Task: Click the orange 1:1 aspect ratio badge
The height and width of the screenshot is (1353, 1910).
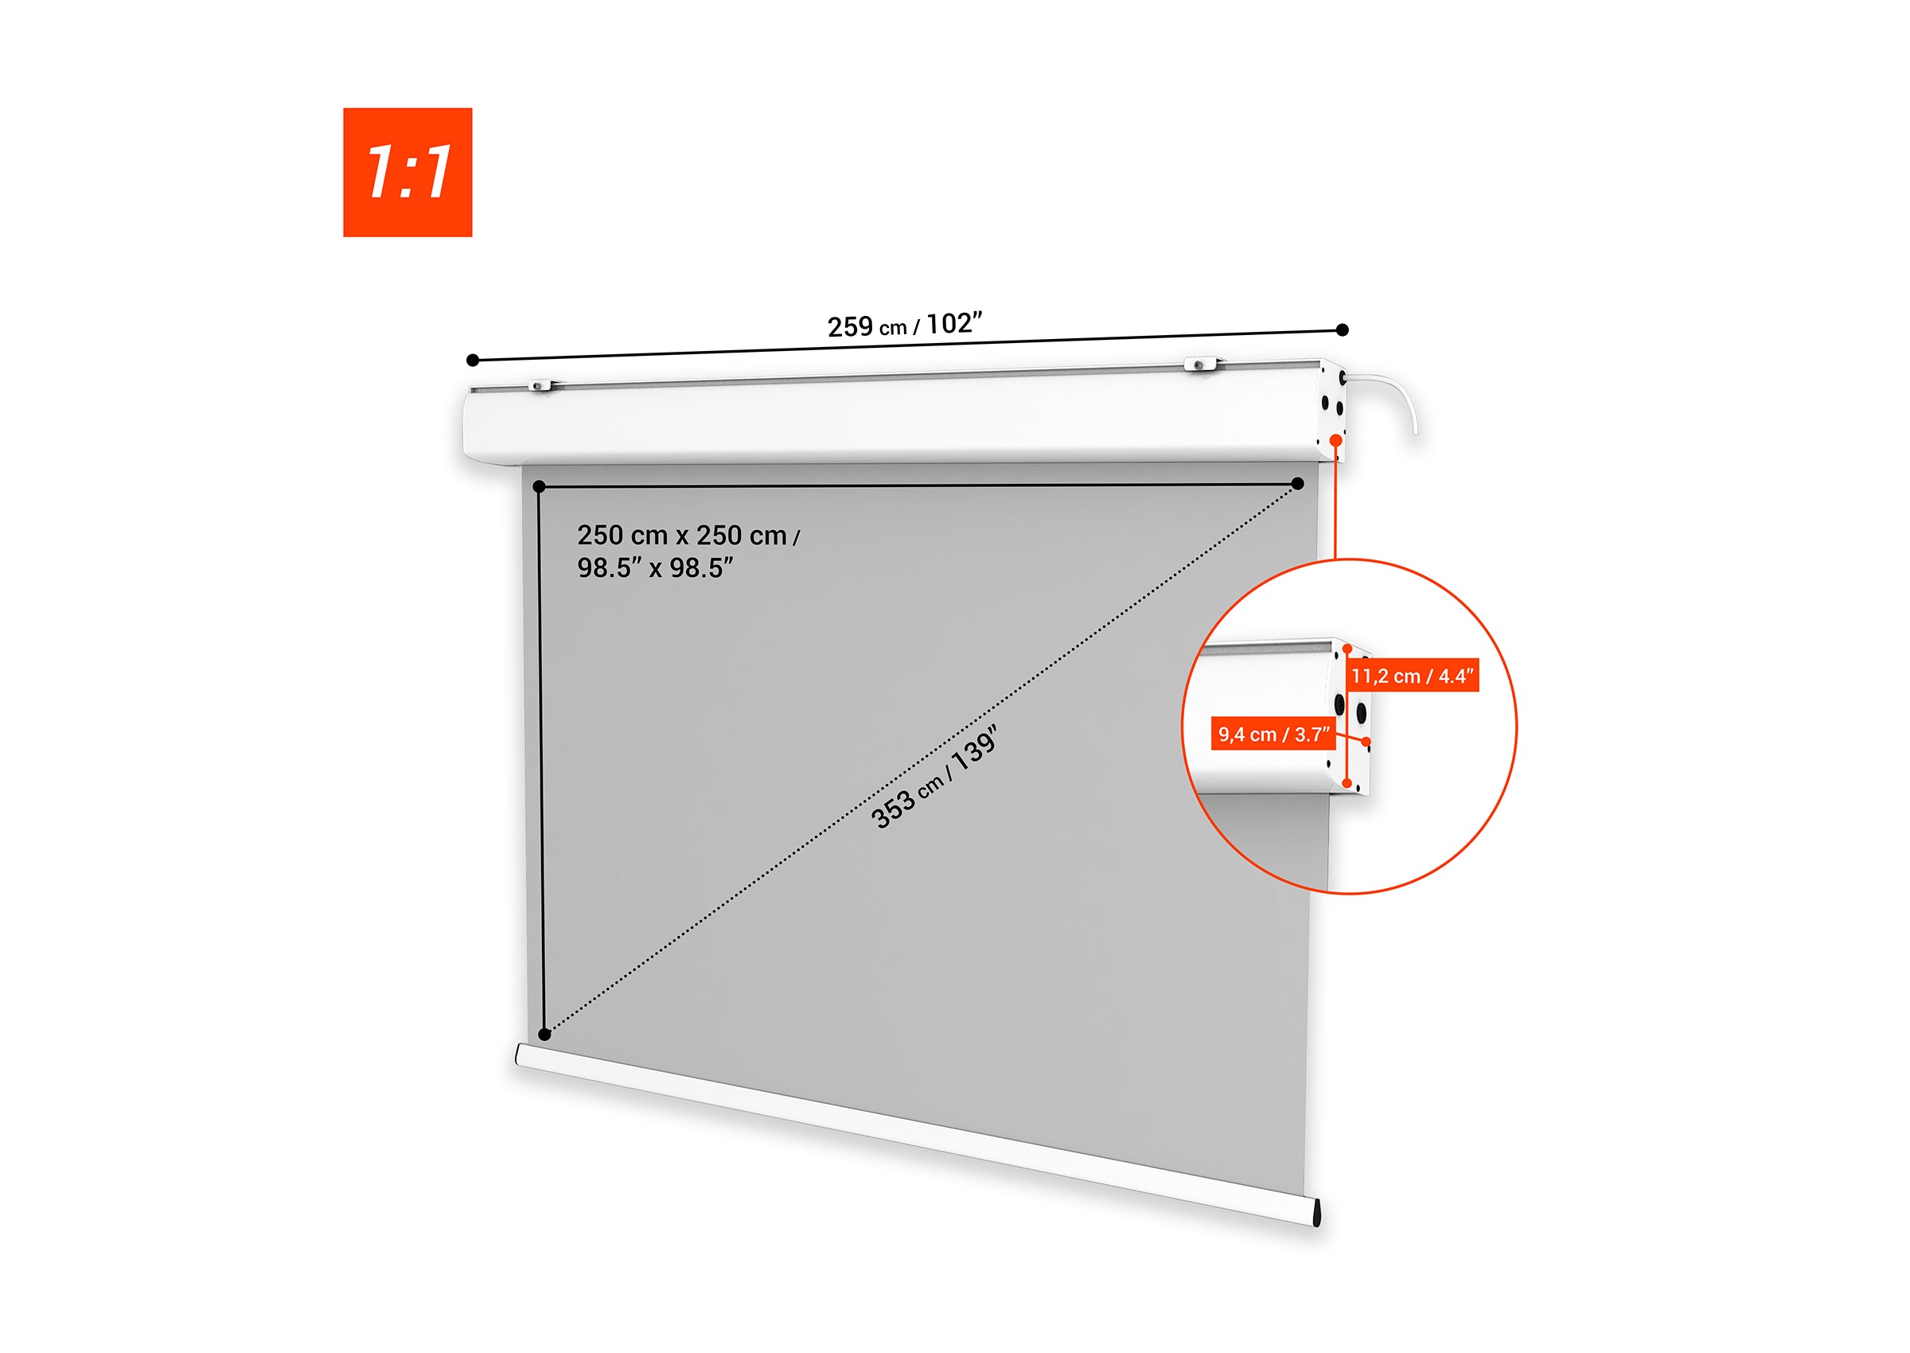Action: [407, 173]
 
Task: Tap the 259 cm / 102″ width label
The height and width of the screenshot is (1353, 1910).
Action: [905, 324]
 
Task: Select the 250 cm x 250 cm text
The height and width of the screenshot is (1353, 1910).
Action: [682, 535]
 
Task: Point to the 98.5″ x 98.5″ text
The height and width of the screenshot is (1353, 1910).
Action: [656, 568]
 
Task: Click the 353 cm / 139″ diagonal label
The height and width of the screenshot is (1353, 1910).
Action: [934, 778]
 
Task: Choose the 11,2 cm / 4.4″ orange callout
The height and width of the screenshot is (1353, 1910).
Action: [1413, 676]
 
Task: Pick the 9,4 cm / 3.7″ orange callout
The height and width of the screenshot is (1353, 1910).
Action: [1273, 734]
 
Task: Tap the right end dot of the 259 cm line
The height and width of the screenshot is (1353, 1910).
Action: [1342, 330]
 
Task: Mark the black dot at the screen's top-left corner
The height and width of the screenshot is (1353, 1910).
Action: [539, 486]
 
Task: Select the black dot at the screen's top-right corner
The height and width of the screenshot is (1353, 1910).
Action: [1298, 483]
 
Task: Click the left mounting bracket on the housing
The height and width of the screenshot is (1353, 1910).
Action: [540, 385]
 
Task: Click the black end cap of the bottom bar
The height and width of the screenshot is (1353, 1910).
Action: [1316, 1212]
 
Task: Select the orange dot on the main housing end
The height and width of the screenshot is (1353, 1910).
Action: [1336, 439]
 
